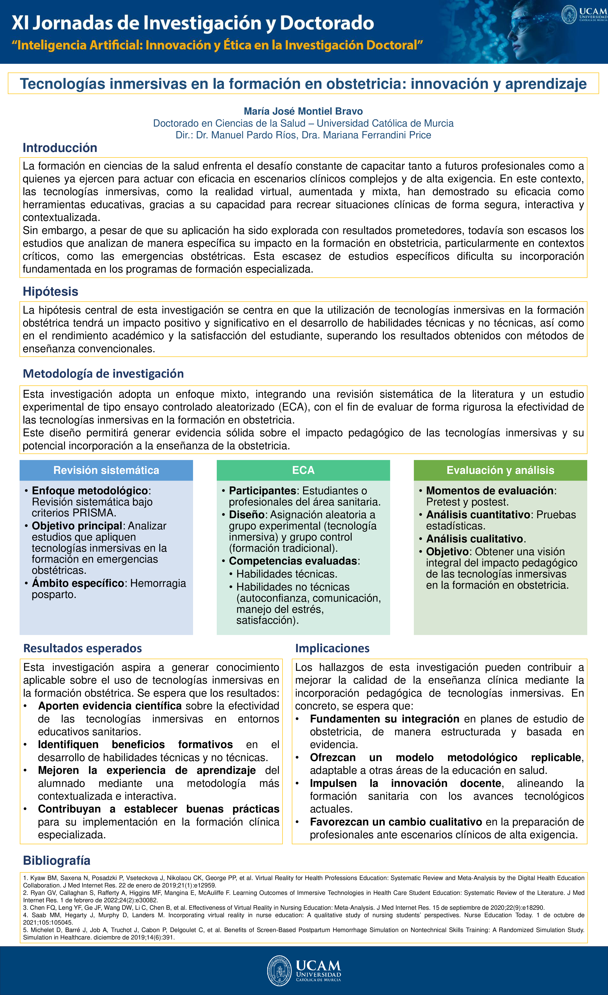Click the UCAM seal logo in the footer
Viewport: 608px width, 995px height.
point(279,970)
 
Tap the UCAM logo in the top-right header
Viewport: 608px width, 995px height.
point(584,15)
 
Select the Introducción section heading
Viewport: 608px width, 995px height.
point(60,148)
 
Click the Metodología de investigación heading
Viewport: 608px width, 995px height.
point(103,374)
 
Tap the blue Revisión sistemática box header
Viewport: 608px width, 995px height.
point(106,470)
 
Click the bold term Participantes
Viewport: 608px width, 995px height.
point(263,491)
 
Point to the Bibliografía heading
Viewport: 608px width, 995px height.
point(57,861)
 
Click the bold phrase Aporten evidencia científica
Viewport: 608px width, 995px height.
point(110,706)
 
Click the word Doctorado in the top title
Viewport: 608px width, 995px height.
point(327,23)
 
